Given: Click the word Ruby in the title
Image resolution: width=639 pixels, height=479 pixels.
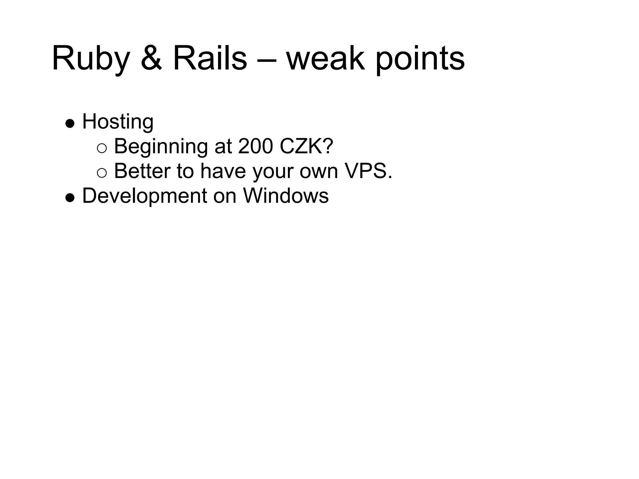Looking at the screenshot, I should click(91, 59).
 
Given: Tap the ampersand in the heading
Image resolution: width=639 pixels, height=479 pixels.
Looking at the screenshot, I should click(151, 59).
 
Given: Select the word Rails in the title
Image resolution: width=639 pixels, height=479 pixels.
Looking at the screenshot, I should click(210, 59).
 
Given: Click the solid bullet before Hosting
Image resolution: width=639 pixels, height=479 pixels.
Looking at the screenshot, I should click(70, 123).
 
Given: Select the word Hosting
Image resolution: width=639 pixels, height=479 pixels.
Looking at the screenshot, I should click(118, 122).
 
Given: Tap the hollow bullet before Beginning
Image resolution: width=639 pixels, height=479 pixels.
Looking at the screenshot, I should click(102, 148).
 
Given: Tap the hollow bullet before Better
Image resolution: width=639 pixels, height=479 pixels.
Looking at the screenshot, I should click(102, 173).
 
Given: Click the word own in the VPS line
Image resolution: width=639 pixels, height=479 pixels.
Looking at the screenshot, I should click(319, 172).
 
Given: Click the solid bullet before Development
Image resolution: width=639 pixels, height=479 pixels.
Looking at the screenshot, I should click(70, 198).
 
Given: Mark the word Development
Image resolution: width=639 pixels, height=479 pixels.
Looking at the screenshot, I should click(144, 196).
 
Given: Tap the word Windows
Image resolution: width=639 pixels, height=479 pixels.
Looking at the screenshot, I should click(286, 196).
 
